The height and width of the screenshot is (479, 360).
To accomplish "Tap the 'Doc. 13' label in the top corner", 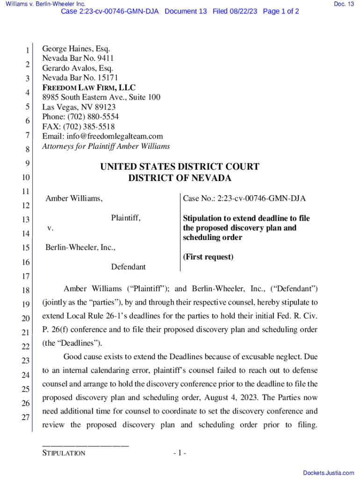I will coord(344,4).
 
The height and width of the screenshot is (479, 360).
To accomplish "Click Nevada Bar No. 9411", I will coord(78,58).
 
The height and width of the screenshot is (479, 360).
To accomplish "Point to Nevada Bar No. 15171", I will coord(80,78).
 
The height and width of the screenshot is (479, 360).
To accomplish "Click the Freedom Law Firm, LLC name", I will coord(89,87).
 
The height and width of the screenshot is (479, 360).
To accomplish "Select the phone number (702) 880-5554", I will coord(92,117).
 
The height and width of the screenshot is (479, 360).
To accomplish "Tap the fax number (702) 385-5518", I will coord(89,127).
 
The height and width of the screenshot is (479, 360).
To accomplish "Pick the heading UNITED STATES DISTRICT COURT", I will coord(180,167).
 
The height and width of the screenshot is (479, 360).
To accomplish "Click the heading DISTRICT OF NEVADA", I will coord(180,178).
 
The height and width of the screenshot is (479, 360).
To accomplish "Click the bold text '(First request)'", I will coord(208,257).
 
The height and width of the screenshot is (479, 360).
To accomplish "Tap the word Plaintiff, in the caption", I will coord(126,218).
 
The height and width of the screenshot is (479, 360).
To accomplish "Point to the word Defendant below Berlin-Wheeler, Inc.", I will coord(128,267).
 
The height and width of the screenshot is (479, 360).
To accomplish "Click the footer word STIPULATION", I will coord(64,453).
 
